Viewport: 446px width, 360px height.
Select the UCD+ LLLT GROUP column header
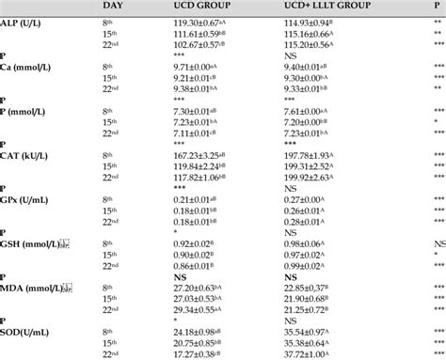(327, 6)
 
